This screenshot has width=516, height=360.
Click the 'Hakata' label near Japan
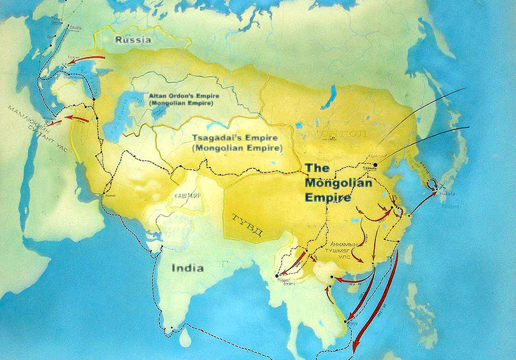[450, 194]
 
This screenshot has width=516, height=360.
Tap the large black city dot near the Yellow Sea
[375, 165]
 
